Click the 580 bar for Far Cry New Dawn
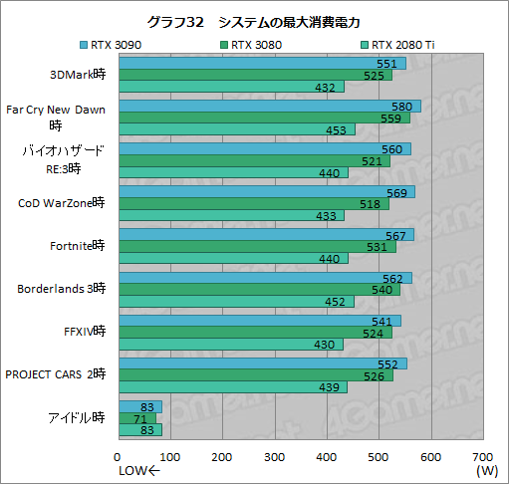[269, 106]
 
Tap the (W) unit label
[486, 469]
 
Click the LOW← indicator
[138, 470]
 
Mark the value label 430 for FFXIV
[326, 345]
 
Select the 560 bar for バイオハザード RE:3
[264, 149]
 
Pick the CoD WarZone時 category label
[61, 203]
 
